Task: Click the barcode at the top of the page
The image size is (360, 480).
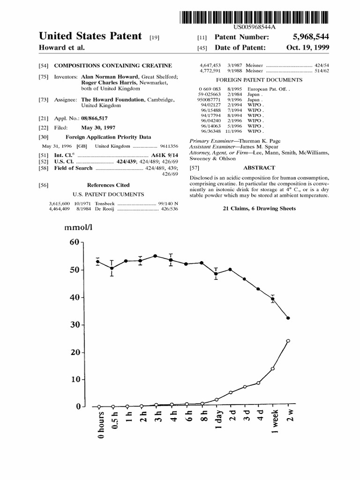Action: coord(254,18)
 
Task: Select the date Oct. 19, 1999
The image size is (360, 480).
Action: coord(307,48)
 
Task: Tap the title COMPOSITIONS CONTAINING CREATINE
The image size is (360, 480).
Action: coord(113,65)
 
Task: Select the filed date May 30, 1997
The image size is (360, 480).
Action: coord(98,128)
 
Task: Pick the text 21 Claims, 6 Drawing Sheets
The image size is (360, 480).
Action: coord(259,208)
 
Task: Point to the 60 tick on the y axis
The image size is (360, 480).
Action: coord(75,242)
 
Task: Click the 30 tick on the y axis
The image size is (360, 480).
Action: coord(75,325)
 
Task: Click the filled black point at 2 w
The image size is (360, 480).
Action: coord(288,318)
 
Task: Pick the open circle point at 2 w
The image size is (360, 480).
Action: coord(288,341)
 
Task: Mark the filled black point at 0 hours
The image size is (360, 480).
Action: coord(98,262)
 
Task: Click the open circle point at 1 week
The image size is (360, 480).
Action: coord(273,368)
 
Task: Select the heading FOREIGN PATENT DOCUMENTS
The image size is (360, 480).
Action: coord(259,80)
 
